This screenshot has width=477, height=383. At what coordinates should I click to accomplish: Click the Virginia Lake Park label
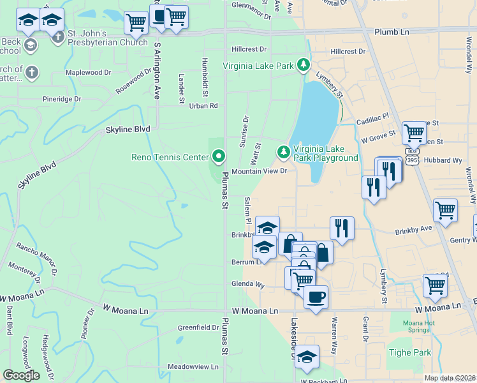point(258,66)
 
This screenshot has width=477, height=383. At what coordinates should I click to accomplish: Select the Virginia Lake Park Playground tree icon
point(283,153)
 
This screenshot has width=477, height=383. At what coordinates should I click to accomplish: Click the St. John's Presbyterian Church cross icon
point(58,36)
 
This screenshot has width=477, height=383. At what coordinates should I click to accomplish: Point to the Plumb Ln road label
point(392,32)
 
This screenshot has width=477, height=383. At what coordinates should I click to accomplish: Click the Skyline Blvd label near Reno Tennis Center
point(128,129)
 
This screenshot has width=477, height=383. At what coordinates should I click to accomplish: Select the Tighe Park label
point(409,352)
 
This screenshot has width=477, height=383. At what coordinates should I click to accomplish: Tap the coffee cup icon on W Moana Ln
point(316,296)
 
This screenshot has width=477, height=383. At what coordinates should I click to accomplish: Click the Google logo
point(21,375)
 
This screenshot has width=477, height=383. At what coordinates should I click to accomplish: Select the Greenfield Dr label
point(198,327)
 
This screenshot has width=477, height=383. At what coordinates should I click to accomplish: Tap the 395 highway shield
point(413,161)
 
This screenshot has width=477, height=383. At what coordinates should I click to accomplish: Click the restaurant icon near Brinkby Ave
point(342,228)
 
